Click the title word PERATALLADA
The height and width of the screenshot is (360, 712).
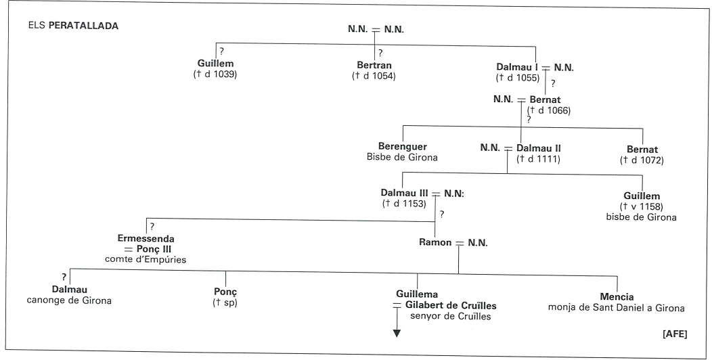coord(83,26)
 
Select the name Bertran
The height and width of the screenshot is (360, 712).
coord(374,66)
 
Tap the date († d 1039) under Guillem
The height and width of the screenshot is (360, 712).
coord(215,74)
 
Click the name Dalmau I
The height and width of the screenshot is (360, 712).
coord(517,68)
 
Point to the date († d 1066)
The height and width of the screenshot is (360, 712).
coord(548,110)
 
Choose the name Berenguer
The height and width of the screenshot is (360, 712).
coord(402,147)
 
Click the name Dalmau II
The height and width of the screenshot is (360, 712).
coord(539,148)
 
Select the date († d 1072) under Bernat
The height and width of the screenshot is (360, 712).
coord(642,160)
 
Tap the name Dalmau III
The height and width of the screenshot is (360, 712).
coord(405,193)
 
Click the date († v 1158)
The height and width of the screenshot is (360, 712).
coord(641,206)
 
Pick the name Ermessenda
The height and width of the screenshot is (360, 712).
coord(146,238)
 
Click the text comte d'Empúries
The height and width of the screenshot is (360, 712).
coord(146,260)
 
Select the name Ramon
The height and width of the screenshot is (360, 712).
coord(435,242)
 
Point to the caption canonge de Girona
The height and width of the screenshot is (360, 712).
coord(69,300)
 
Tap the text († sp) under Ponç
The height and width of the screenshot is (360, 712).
coord(225,302)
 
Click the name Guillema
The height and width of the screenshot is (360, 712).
coord(417,294)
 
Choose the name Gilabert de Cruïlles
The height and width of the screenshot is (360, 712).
coord(451,305)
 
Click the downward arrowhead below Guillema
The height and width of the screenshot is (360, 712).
coord(397,334)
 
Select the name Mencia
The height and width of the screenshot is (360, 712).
coord(617,297)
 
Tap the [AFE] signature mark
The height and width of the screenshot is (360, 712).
coord(675,334)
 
